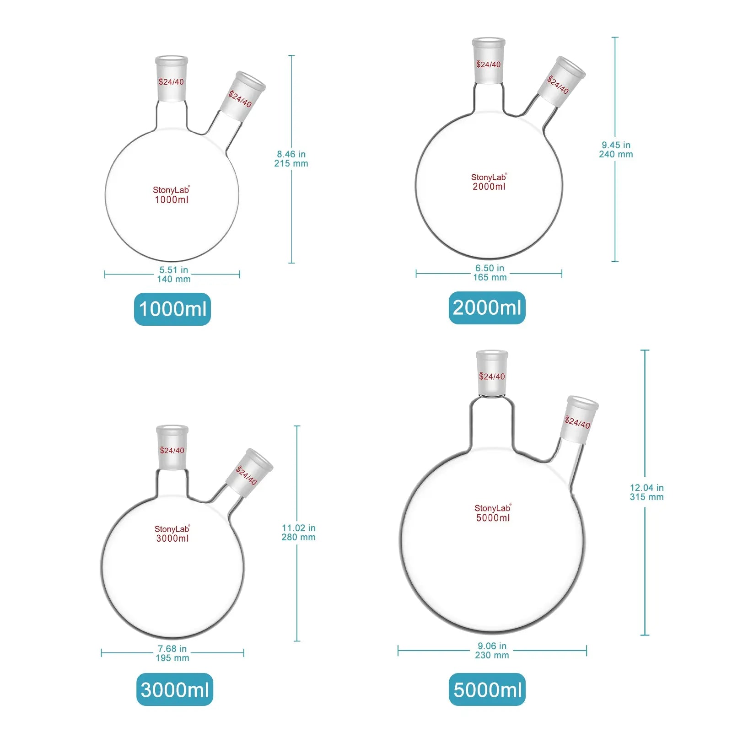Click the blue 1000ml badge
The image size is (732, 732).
point(172,309)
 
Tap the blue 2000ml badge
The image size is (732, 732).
point(487,308)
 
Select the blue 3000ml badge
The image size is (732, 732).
point(175,689)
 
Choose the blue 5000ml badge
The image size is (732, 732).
point(487,689)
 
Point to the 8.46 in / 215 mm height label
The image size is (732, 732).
point(291,159)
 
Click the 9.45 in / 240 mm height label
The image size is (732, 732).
point(616,150)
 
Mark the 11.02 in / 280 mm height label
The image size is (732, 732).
point(298,533)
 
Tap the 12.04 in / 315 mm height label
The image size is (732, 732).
point(646,492)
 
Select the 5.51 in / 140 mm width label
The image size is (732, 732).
point(174,274)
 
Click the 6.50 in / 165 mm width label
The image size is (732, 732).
point(490,273)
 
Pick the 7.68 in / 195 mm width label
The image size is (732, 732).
point(172,653)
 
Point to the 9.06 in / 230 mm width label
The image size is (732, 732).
point(492,651)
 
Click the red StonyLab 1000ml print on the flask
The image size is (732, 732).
point(171,195)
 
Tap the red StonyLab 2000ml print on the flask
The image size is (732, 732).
point(489,182)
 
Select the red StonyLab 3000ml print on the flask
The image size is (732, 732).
point(172,534)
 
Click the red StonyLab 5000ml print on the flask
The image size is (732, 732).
point(493,513)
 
